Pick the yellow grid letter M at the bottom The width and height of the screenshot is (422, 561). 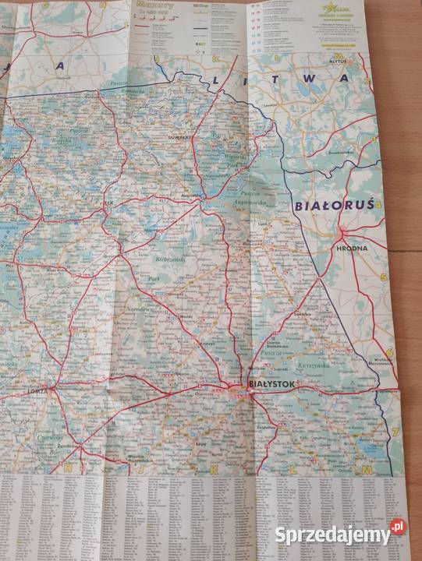coord(364,471)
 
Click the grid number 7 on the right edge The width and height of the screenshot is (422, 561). coord(395,431)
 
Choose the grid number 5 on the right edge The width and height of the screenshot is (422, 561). coord(383,277)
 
